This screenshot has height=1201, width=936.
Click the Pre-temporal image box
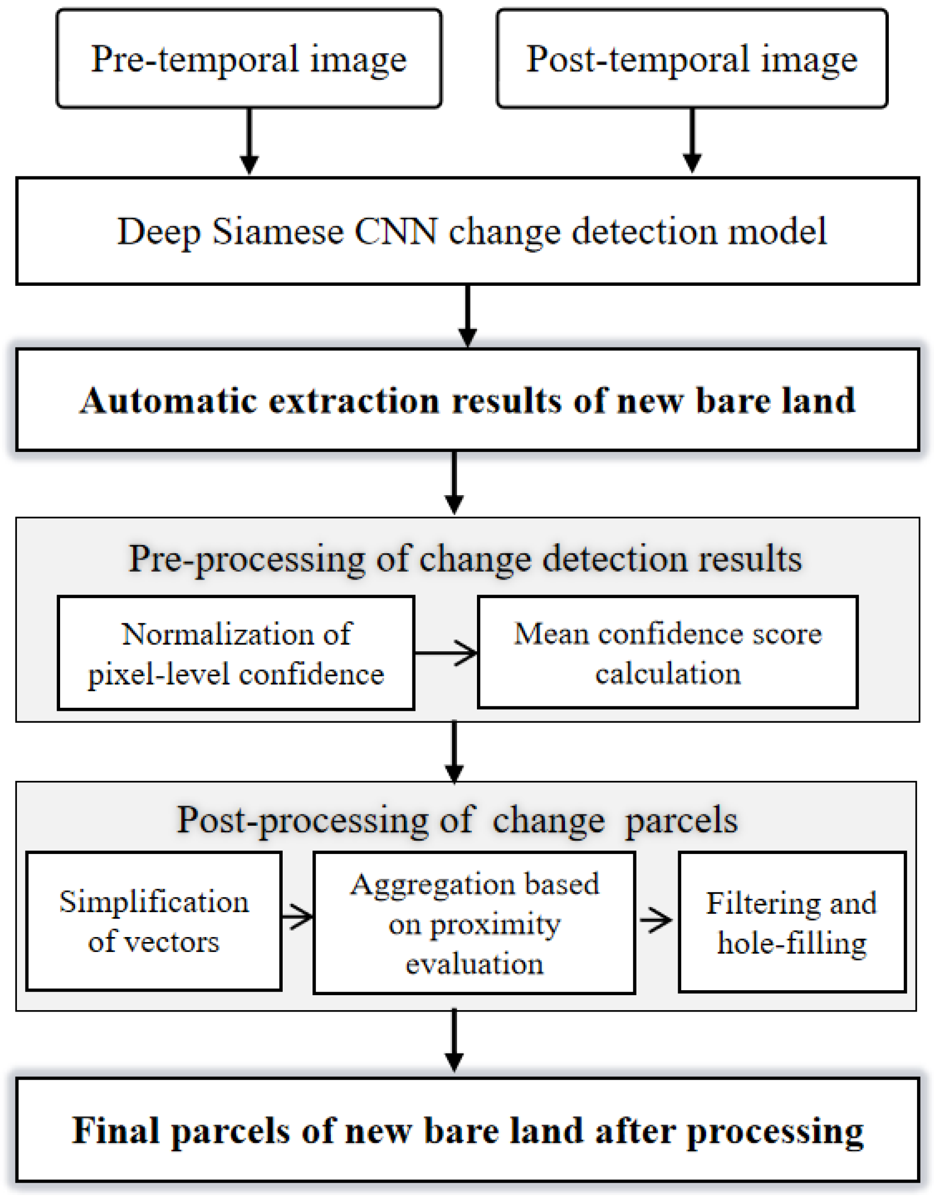(249, 58)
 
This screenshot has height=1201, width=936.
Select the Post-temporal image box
(692, 58)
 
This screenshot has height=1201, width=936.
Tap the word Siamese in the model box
(278, 231)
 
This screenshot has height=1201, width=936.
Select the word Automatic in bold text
(168, 400)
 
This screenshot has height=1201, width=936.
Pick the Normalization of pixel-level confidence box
(236, 653)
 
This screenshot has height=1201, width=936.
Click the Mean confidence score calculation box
(667, 653)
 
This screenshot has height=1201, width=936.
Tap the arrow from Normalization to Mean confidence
(446, 653)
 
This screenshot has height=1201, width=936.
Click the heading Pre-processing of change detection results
(465, 559)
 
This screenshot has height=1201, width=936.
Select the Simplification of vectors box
(154, 922)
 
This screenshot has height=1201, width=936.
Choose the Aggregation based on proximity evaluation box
(474, 923)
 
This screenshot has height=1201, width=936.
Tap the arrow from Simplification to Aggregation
(297, 917)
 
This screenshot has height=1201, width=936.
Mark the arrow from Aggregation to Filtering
(656, 920)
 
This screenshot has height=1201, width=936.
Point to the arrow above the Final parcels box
(454, 1041)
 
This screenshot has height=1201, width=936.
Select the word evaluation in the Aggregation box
(474, 964)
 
